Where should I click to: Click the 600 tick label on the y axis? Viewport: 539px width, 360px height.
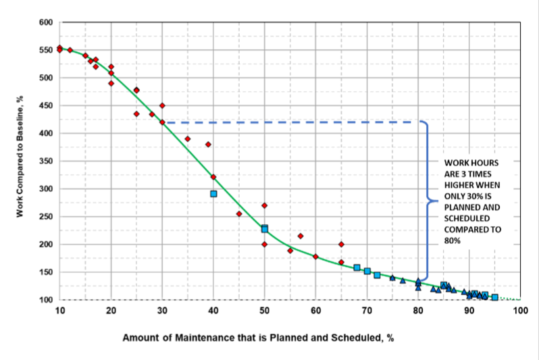pos(45,22)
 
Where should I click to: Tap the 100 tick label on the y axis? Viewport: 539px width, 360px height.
pos(45,300)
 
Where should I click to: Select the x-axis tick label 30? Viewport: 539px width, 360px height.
pos(162,311)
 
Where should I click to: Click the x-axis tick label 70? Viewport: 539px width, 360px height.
pos(367,311)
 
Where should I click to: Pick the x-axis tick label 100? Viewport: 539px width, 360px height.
pos(519,311)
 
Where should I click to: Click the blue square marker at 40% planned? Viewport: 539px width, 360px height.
pos(213,194)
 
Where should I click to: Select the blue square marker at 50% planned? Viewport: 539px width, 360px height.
pos(265,229)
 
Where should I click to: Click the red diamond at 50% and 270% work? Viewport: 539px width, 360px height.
pos(265,205)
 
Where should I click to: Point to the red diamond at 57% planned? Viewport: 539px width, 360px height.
pos(301,236)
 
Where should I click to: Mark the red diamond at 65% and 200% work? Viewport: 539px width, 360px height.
pos(341,245)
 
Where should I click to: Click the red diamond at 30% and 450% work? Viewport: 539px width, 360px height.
pos(162,105)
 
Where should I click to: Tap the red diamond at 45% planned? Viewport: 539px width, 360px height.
pos(239,213)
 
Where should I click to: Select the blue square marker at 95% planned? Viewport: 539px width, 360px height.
pos(494,297)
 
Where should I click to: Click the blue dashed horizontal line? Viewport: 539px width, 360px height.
pos(290,122)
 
